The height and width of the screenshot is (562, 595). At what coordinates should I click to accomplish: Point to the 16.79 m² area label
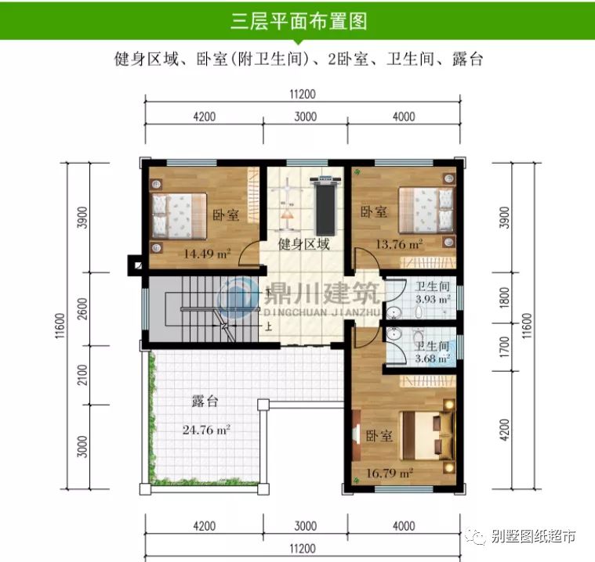pos(390,474)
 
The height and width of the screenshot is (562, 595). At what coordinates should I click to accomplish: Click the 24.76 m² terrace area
pos(205,429)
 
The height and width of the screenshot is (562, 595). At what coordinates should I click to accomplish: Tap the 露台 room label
pos(205,402)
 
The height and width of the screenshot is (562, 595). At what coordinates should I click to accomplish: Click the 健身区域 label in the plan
pos(303,244)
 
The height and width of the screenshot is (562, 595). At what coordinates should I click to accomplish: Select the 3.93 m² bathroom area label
pos(433,299)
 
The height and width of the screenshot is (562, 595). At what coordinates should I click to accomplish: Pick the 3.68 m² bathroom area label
pos(433,358)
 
